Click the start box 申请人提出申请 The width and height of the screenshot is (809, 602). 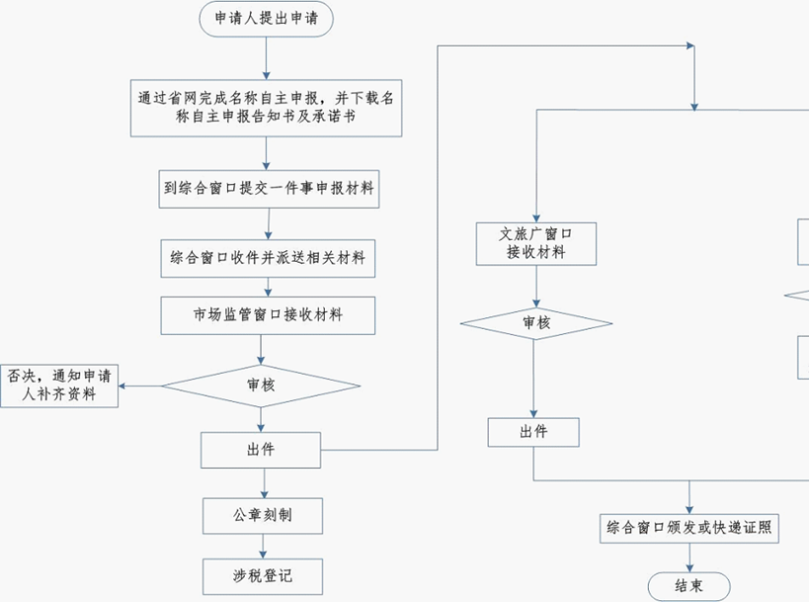click(266, 20)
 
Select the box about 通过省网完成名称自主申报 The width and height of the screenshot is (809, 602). click(267, 108)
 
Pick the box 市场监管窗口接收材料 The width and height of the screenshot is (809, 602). click(268, 315)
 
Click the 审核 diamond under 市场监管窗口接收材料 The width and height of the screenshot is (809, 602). click(261, 386)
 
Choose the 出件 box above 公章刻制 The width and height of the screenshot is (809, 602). click(261, 450)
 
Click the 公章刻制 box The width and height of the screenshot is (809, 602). click(262, 515)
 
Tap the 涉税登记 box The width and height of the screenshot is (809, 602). click(262, 575)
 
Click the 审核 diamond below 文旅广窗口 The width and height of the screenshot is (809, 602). click(535, 323)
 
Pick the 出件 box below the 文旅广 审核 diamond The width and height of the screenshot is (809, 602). click(533, 432)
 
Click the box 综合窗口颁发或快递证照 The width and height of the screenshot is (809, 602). click(689, 528)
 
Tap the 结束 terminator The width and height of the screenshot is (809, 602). click(689, 585)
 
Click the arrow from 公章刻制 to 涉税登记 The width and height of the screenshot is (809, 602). click(262, 545)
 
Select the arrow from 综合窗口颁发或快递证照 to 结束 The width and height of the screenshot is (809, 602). click(689, 557)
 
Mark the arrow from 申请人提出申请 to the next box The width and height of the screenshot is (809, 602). click(266, 58)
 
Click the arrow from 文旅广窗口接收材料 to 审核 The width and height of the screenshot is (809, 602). click(535, 287)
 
